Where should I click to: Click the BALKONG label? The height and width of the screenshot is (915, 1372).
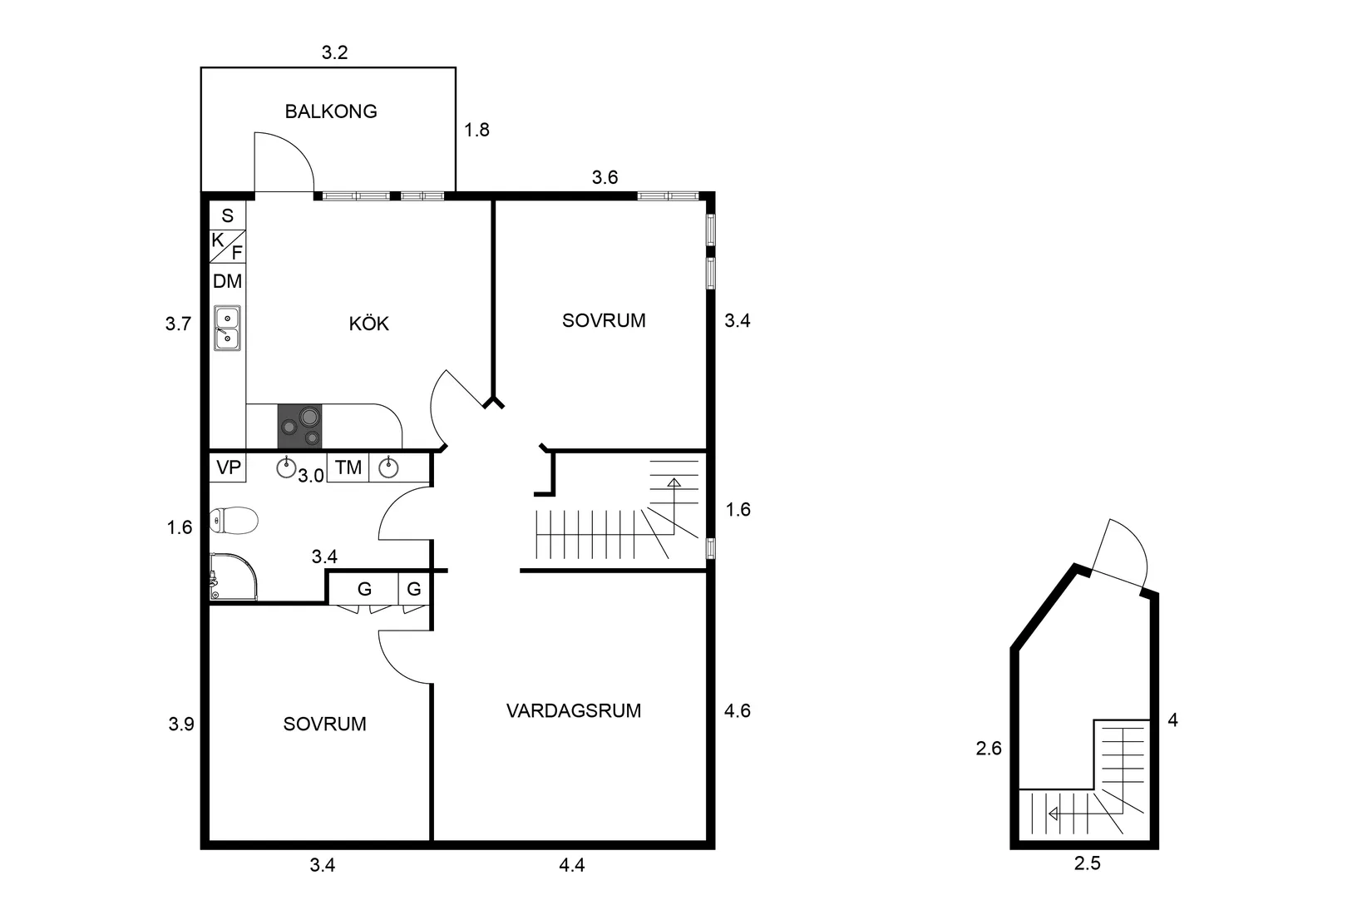(x=331, y=111)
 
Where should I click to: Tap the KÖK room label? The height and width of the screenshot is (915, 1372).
(x=368, y=324)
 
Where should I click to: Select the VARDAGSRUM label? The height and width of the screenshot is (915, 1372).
(x=574, y=711)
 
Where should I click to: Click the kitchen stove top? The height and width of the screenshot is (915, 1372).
(x=299, y=427)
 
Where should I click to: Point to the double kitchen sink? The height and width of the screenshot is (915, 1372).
(x=227, y=328)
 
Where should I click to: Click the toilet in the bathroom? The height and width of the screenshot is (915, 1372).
(x=234, y=522)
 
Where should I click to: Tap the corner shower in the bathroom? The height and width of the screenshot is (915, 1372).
(x=232, y=576)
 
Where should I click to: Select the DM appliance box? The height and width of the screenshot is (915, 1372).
(x=227, y=282)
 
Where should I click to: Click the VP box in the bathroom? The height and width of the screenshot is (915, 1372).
(x=228, y=468)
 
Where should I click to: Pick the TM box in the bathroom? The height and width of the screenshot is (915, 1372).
(x=348, y=468)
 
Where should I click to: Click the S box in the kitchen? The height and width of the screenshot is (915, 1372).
(x=227, y=216)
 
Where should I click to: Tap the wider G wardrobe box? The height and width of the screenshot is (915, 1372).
(x=363, y=590)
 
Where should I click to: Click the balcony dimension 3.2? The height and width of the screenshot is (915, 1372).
(x=334, y=53)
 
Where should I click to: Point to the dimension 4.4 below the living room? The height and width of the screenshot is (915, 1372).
(x=571, y=866)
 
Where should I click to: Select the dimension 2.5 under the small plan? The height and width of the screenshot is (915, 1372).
(x=1087, y=864)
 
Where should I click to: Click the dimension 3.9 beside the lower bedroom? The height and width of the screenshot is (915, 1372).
(x=180, y=725)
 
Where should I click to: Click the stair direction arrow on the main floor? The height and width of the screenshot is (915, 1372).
(x=674, y=482)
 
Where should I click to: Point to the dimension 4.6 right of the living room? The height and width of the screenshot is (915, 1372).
(x=738, y=711)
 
